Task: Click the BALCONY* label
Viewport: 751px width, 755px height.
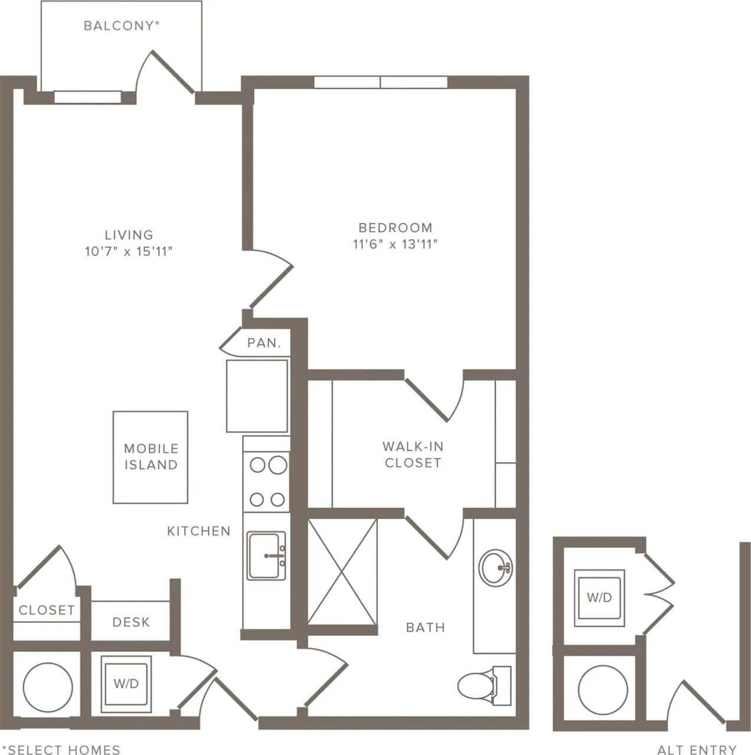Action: pyautogui.click(x=122, y=25)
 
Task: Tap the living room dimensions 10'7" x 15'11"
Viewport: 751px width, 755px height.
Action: pyautogui.click(x=129, y=252)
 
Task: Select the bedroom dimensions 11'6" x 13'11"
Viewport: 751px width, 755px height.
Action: pyautogui.click(x=395, y=244)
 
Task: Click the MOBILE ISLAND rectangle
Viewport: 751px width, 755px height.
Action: pyautogui.click(x=151, y=457)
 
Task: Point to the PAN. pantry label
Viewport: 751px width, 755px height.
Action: pyautogui.click(x=264, y=343)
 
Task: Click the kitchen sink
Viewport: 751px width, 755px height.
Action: pyautogui.click(x=266, y=556)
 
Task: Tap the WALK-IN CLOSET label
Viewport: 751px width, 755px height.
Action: pyautogui.click(x=413, y=455)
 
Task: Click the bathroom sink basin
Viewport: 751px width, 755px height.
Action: pyautogui.click(x=495, y=567)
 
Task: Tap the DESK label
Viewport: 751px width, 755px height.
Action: pyautogui.click(x=131, y=622)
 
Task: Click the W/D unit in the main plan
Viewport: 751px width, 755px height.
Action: pyautogui.click(x=126, y=684)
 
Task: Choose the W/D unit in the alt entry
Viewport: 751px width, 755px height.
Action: pyautogui.click(x=599, y=598)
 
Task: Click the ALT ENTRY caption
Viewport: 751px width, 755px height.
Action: pyautogui.click(x=697, y=749)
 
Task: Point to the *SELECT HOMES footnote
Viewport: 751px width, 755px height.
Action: pyautogui.click(x=61, y=749)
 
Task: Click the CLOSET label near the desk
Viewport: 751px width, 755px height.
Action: pyautogui.click(x=47, y=610)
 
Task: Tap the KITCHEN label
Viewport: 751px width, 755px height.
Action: pyautogui.click(x=198, y=531)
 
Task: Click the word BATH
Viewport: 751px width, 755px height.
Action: pyautogui.click(x=425, y=627)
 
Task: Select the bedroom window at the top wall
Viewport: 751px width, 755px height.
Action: pyautogui.click(x=380, y=82)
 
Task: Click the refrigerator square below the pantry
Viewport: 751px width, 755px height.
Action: pyautogui.click(x=257, y=396)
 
